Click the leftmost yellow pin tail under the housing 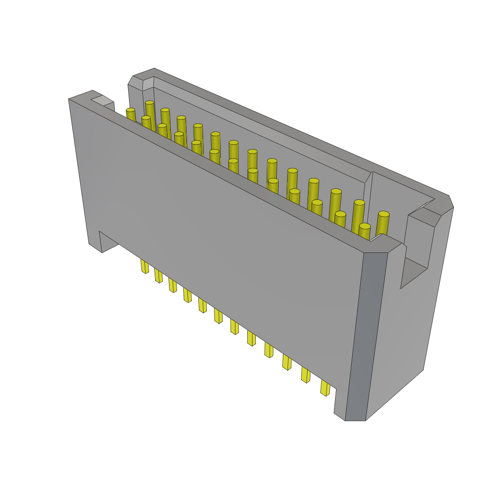tap(144, 266)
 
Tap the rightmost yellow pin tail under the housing tap(325, 388)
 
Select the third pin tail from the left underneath tap(172, 285)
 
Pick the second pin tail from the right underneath tap(305, 374)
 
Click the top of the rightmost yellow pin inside tap(383, 215)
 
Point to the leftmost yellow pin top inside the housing tap(130, 110)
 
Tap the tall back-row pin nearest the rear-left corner tap(150, 103)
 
